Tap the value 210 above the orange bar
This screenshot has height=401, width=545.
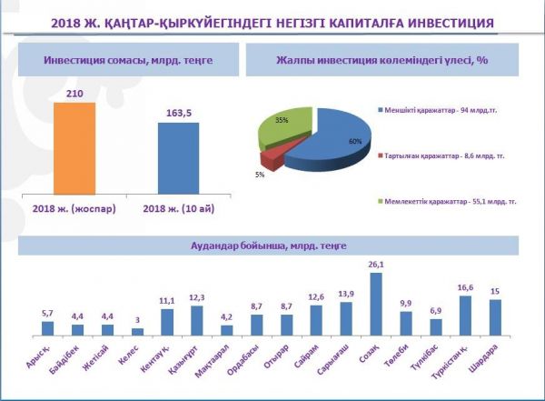74,94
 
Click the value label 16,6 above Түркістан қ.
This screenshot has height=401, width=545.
466,286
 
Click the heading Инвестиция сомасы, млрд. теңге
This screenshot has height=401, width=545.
125,60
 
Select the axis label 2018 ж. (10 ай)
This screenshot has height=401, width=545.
179,211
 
